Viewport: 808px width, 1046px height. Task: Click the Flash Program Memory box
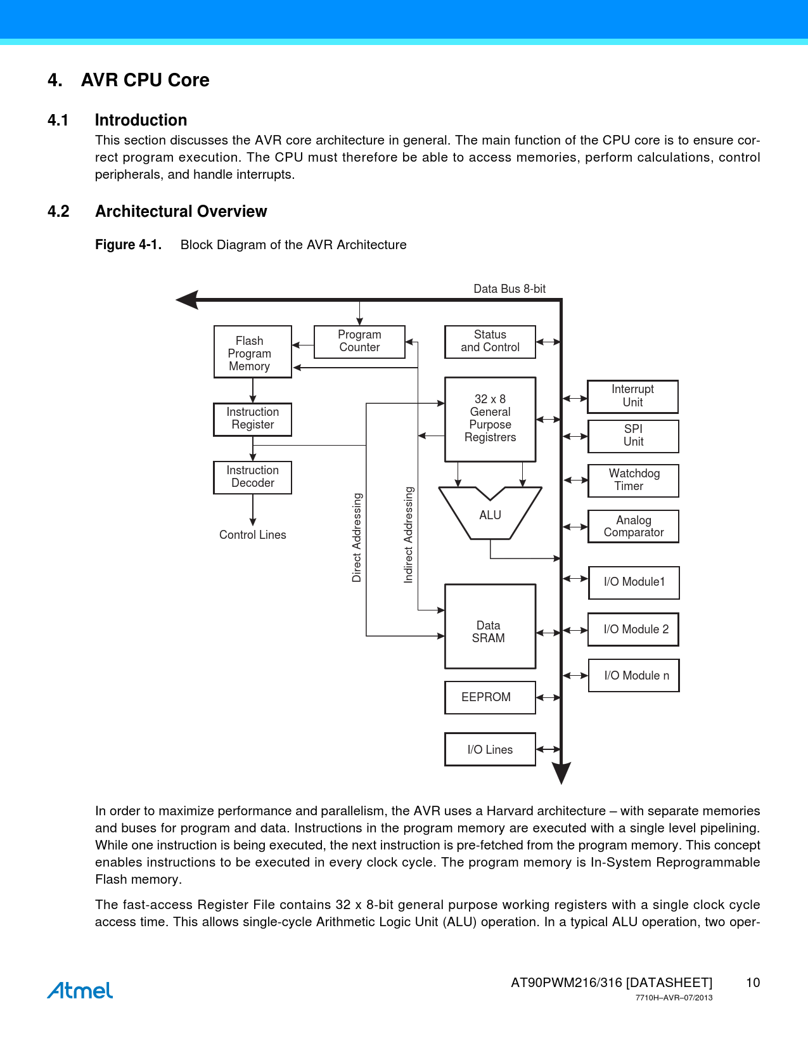tap(252, 352)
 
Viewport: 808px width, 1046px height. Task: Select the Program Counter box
tap(359, 342)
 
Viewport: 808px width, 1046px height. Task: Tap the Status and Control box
tap(490, 342)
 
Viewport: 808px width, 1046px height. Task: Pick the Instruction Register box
tap(252, 419)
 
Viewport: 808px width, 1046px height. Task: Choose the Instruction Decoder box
tap(252, 477)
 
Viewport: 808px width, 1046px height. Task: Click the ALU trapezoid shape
tap(490, 515)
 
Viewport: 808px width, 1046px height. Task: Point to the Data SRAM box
tap(490, 626)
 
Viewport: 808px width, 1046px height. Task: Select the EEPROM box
tap(490, 697)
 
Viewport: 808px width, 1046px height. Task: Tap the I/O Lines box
tap(490, 749)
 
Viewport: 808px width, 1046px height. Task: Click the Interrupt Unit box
tap(632, 396)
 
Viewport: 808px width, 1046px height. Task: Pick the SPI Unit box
tap(633, 436)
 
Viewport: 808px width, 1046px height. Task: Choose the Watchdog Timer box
tap(633, 481)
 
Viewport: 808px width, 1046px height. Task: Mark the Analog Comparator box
tap(633, 526)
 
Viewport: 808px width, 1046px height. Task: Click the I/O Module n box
tap(634, 676)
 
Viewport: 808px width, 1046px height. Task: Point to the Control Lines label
tap(252, 535)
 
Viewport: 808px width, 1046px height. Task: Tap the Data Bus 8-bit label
tap(510, 289)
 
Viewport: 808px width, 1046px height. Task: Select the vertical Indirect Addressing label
tap(409, 534)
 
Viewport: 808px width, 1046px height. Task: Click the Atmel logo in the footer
tap(80, 990)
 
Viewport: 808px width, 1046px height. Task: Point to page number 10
tap(752, 983)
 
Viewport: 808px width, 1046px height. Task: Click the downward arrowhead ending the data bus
tap(561, 773)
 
